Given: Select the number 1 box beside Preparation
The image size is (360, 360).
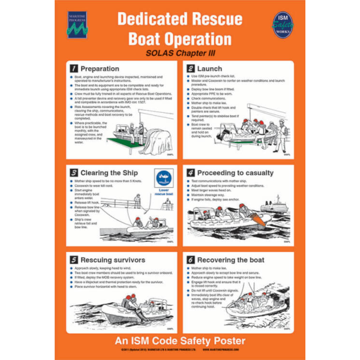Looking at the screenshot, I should coord(73,68).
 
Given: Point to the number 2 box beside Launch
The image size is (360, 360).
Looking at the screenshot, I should coord(191,68).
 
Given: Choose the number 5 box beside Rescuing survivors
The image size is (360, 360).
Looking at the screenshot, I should coord(73,260).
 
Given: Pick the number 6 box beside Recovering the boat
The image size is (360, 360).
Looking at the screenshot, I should coord(191,260).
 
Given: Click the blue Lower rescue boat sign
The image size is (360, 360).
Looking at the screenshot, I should coord(163,178).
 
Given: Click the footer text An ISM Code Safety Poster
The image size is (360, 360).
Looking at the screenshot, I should coord(179,340).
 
